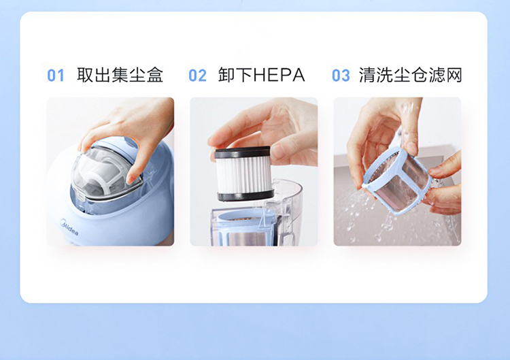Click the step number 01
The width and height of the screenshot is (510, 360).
click(56, 76)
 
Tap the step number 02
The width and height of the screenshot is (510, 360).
click(197, 76)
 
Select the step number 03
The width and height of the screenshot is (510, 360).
click(341, 76)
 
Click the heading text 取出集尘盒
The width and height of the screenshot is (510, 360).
click(120, 75)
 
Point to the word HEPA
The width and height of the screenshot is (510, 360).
click(279, 75)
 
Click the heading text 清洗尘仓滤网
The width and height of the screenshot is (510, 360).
click(411, 75)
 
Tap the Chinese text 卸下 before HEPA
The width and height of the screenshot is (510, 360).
click(235, 75)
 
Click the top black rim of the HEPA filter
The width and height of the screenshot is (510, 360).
click(243, 152)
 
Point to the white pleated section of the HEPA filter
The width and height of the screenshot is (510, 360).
click(244, 174)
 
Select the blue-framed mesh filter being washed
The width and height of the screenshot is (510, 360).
click(397, 180)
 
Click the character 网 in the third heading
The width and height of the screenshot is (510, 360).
click(454, 75)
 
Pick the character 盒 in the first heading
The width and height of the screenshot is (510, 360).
click(154, 75)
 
